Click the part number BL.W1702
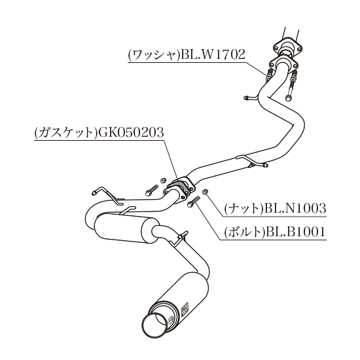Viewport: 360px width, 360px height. [213, 54]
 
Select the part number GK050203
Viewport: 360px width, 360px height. [131, 132]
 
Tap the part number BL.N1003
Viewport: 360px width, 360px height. [295, 208]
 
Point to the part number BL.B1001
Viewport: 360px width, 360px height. [295, 232]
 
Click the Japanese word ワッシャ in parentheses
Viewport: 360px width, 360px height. [154, 55]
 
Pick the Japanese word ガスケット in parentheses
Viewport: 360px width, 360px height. [66, 133]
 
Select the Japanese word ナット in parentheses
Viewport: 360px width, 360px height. [244, 209]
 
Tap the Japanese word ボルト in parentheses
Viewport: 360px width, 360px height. [244, 232]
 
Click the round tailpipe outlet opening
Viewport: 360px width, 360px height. [153, 324]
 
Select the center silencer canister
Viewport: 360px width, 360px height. [126, 228]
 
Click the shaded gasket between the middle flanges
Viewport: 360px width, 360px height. [179, 184]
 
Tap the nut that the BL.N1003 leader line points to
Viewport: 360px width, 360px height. [205, 192]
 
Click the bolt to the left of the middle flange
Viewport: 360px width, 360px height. [152, 190]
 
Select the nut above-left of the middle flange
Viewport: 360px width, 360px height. [163, 180]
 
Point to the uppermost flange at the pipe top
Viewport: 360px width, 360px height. [287, 46]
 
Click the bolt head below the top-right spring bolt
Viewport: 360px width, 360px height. [288, 98]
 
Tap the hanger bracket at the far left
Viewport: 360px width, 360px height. [107, 196]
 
